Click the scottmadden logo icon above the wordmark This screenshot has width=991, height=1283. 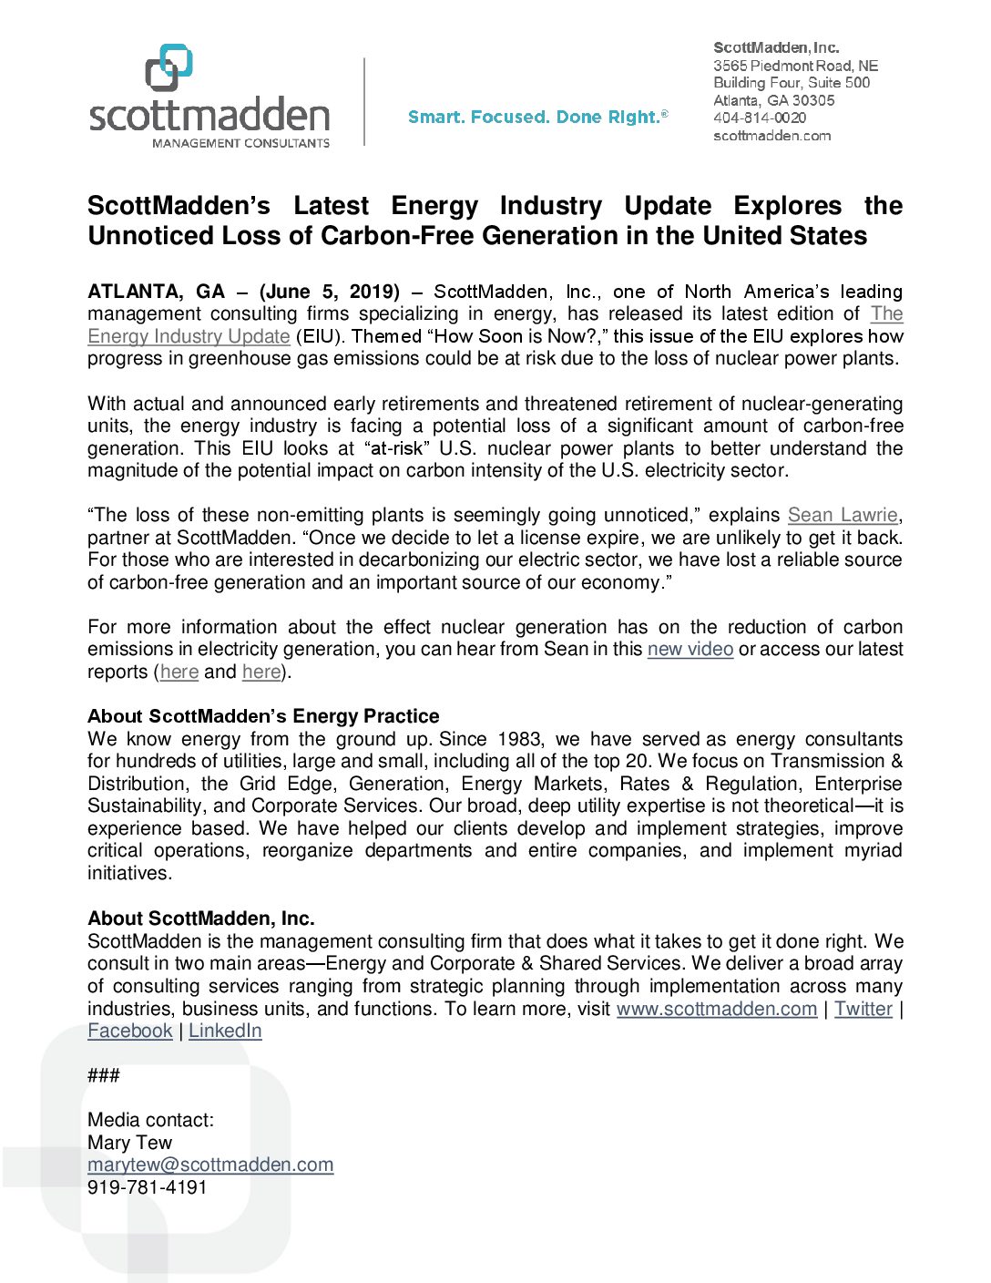(x=169, y=67)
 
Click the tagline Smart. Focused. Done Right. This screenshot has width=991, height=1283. (x=536, y=117)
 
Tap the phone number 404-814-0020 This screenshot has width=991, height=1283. (x=759, y=118)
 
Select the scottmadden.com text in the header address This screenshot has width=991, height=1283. (x=771, y=136)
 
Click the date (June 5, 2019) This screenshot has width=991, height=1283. (x=330, y=292)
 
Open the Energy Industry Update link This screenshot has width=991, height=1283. (x=189, y=336)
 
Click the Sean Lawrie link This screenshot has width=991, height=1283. (x=843, y=515)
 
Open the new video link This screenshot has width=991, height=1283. (x=690, y=649)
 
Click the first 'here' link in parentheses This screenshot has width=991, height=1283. (x=179, y=672)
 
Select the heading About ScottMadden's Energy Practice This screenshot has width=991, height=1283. (x=263, y=716)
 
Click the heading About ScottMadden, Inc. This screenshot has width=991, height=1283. (x=200, y=919)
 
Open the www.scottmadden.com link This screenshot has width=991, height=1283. (x=716, y=1009)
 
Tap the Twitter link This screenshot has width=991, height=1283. (x=863, y=1009)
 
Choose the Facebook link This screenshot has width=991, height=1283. (x=129, y=1031)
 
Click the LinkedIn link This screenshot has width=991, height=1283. (x=225, y=1031)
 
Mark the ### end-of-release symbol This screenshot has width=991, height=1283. (x=103, y=1075)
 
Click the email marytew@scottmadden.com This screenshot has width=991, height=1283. (x=210, y=1165)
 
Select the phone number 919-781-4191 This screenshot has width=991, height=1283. (x=147, y=1187)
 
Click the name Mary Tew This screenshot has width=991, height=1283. (x=129, y=1143)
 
